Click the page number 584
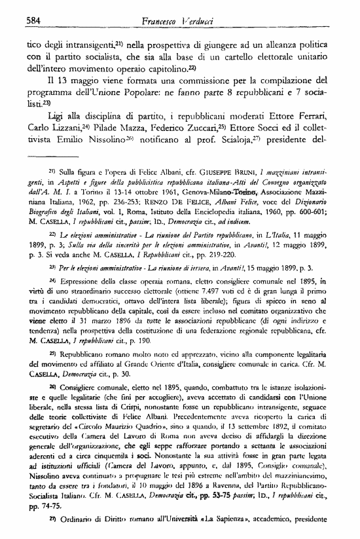click(x=25, y=20)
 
